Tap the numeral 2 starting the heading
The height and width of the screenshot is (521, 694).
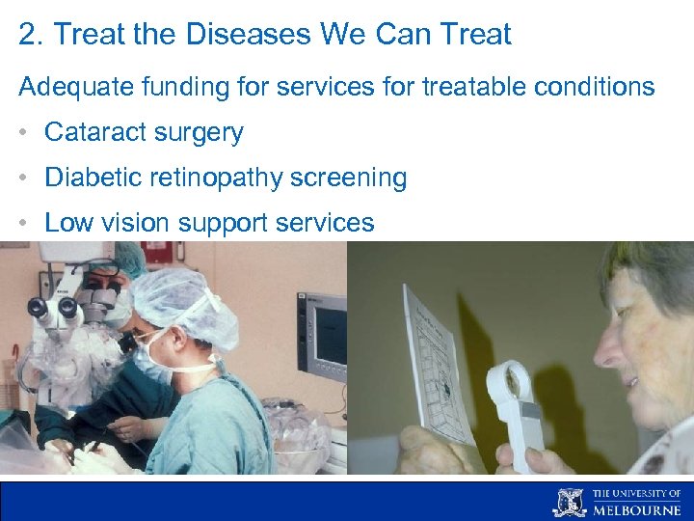pos(26,35)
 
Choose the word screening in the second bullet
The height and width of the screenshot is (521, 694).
pos(353,178)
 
